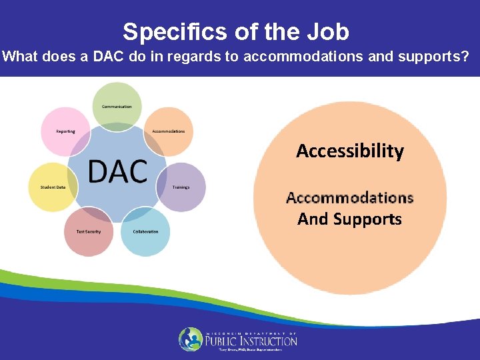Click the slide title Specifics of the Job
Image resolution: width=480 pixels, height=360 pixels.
(x=235, y=31)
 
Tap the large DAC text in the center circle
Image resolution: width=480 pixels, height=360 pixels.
(x=117, y=171)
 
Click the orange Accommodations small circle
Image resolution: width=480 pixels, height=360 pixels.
(x=168, y=131)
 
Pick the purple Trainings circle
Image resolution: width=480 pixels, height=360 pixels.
(x=181, y=187)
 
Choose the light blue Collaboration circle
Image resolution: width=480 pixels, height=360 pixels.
(x=145, y=231)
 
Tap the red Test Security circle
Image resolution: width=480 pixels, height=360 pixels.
(x=84, y=231)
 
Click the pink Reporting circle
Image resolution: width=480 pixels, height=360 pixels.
(x=65, y=131)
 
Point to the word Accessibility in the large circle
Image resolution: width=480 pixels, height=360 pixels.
(x=350, y=151)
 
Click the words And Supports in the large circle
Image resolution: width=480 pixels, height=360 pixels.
(x=350, y=219)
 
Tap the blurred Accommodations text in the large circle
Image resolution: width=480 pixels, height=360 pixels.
(x=350, y=197)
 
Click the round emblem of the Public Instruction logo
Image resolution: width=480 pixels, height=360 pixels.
(x=191, y=339)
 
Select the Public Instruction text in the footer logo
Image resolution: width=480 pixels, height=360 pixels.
(x=252, y=341)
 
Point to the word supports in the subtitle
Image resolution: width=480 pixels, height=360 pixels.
(x=425, y=57)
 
